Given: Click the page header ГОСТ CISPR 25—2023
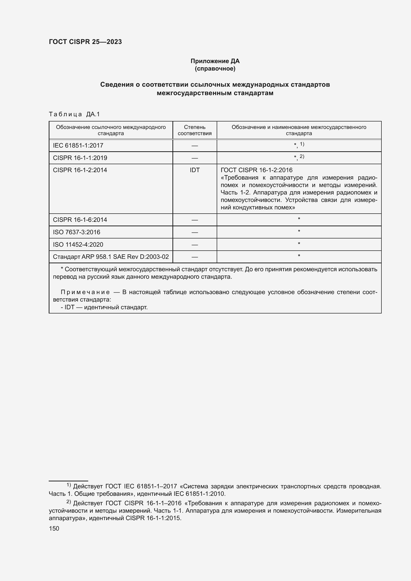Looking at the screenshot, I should (85, 42).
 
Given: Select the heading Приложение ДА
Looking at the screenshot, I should (215, 61).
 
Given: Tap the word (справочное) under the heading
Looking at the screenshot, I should (215, 69).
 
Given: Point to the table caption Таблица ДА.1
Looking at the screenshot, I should (74, 114).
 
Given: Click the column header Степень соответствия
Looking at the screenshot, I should (195, 130).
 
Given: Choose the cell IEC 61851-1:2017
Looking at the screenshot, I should (78, 146).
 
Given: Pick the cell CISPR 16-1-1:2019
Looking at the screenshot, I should (80, 158).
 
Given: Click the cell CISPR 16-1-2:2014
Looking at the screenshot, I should (80, 170).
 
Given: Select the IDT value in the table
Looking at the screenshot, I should (195, 170).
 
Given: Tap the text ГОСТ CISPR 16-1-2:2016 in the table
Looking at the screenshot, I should (257, 170).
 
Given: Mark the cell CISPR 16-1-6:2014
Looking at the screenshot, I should (80, 220).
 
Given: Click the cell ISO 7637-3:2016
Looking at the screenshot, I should (77, 232).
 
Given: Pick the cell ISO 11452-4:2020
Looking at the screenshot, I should (78, 244).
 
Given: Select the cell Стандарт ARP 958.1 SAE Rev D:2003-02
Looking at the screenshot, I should (111, 257).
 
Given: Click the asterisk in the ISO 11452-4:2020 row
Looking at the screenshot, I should (299, 244).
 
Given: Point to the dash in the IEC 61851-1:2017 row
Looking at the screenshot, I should (195, 146).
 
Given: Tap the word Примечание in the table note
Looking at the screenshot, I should (85, 292).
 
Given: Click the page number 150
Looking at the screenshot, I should (54, 528).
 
